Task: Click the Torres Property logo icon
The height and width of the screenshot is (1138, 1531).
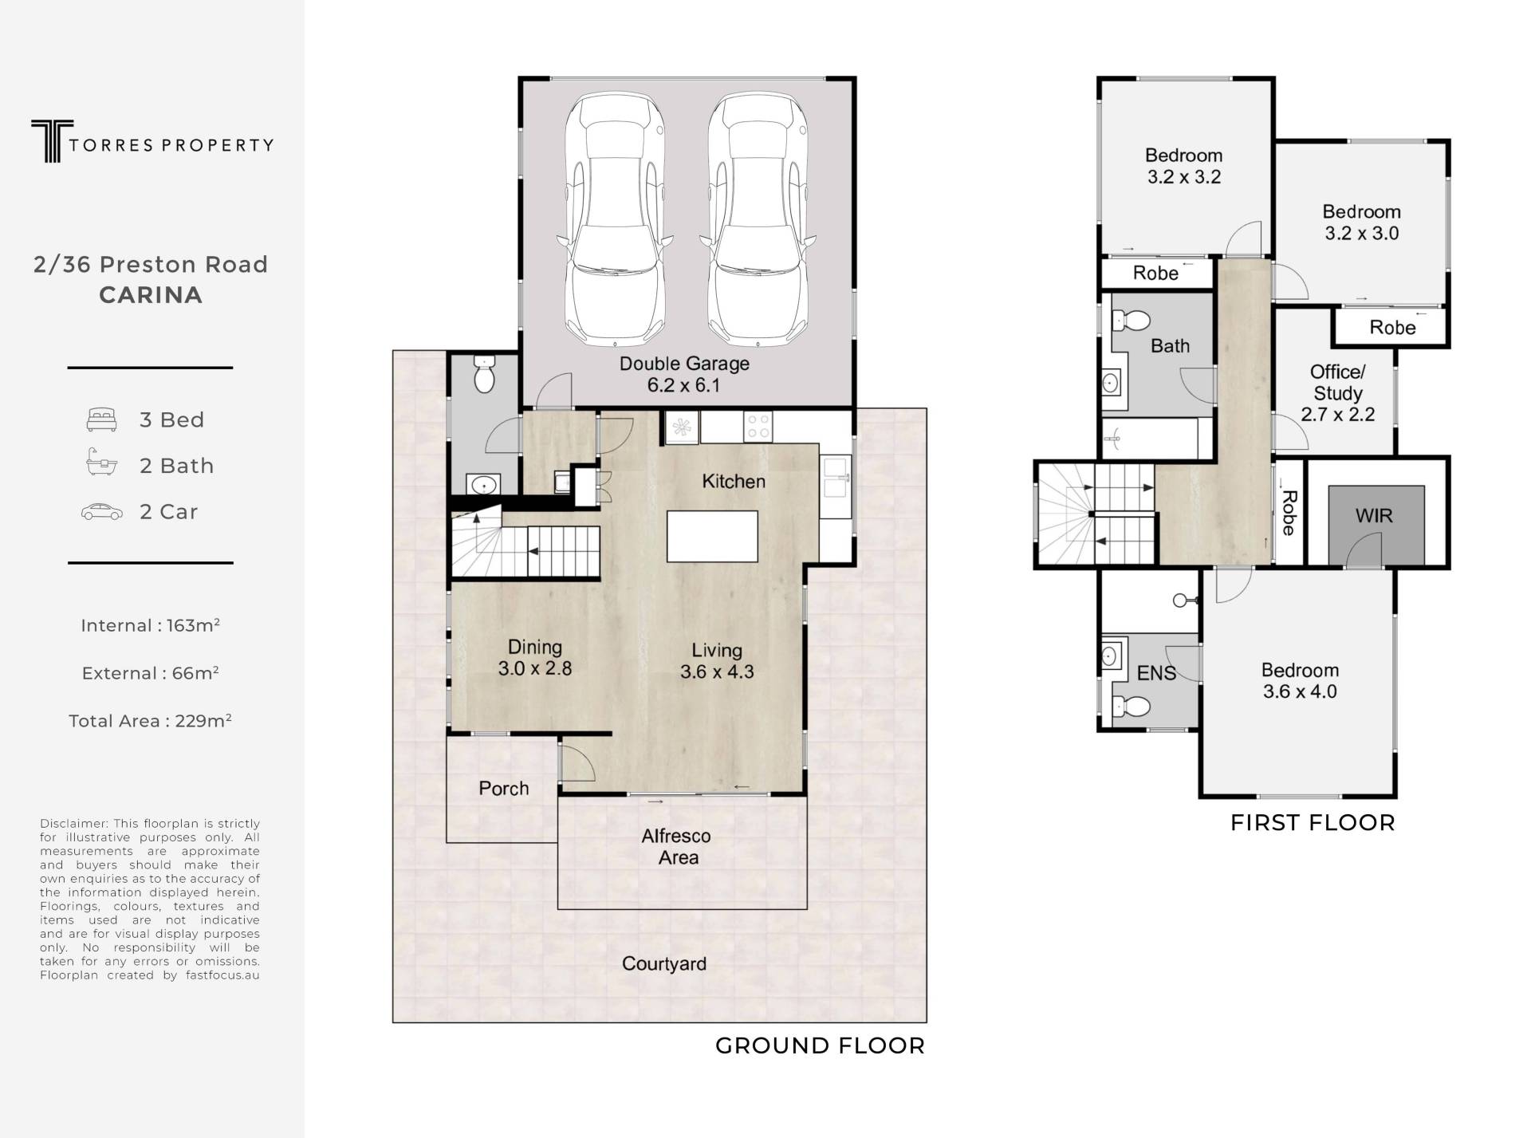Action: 52,141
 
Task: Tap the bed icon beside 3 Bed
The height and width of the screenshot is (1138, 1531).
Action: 102,419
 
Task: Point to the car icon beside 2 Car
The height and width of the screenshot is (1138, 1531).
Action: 102,512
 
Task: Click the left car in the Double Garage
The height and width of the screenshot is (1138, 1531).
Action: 614,219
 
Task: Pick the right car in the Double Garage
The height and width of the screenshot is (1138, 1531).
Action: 758,219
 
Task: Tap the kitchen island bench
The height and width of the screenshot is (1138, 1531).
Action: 712,537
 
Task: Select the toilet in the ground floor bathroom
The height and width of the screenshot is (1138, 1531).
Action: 484,374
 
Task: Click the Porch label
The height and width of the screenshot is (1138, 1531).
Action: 504,789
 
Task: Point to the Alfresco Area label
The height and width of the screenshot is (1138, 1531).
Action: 677,847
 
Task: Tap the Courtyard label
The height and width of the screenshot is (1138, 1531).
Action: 664,964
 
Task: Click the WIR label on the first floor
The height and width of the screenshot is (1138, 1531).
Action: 1374,516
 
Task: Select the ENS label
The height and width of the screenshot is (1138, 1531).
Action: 1156,674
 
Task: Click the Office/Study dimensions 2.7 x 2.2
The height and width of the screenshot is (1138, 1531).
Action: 1338,415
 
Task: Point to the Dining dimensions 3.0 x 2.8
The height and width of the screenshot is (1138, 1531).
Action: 535,668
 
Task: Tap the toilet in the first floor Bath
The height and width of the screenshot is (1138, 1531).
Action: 1132,321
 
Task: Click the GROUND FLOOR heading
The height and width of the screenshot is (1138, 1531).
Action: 821,1045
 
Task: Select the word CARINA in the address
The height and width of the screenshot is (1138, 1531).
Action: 151,295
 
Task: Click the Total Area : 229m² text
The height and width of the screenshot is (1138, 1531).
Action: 150,721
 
